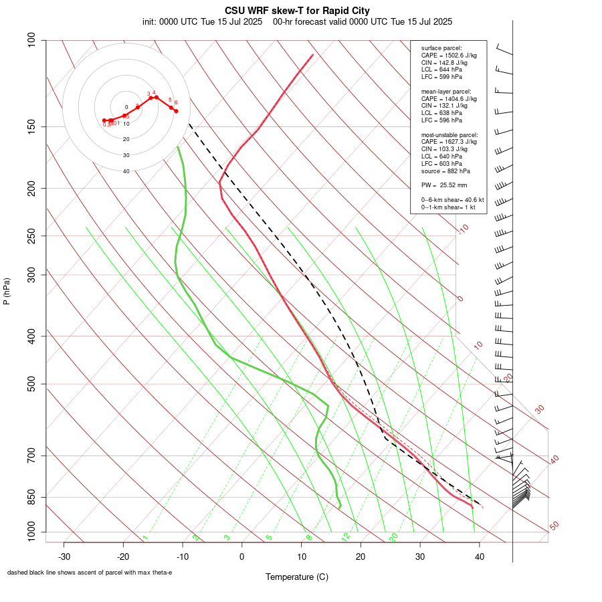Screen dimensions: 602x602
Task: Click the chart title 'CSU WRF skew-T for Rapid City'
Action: (x=297, y=11)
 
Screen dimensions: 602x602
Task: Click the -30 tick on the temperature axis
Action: (x=64, y=557)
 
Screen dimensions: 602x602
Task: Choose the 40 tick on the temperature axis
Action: (x=479, y=557)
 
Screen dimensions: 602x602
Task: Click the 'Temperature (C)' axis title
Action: (x=297, y=577)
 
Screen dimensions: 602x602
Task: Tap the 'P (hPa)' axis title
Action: (x=7, y=291)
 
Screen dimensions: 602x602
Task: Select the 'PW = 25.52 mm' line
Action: (x=444, y=185)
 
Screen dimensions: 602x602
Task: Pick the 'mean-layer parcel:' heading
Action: (x=446, y=91)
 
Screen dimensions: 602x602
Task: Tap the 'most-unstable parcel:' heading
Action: (x=449, y=134)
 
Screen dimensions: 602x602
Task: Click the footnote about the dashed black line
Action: (x=90, y=573)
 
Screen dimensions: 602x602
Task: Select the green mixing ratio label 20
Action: (x=394, y=536)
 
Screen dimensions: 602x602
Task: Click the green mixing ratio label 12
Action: (x=346, y=536)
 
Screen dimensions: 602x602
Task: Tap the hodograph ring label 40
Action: (x=126, y=171)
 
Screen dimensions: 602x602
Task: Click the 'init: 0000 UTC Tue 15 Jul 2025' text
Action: (x=202, y=21)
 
